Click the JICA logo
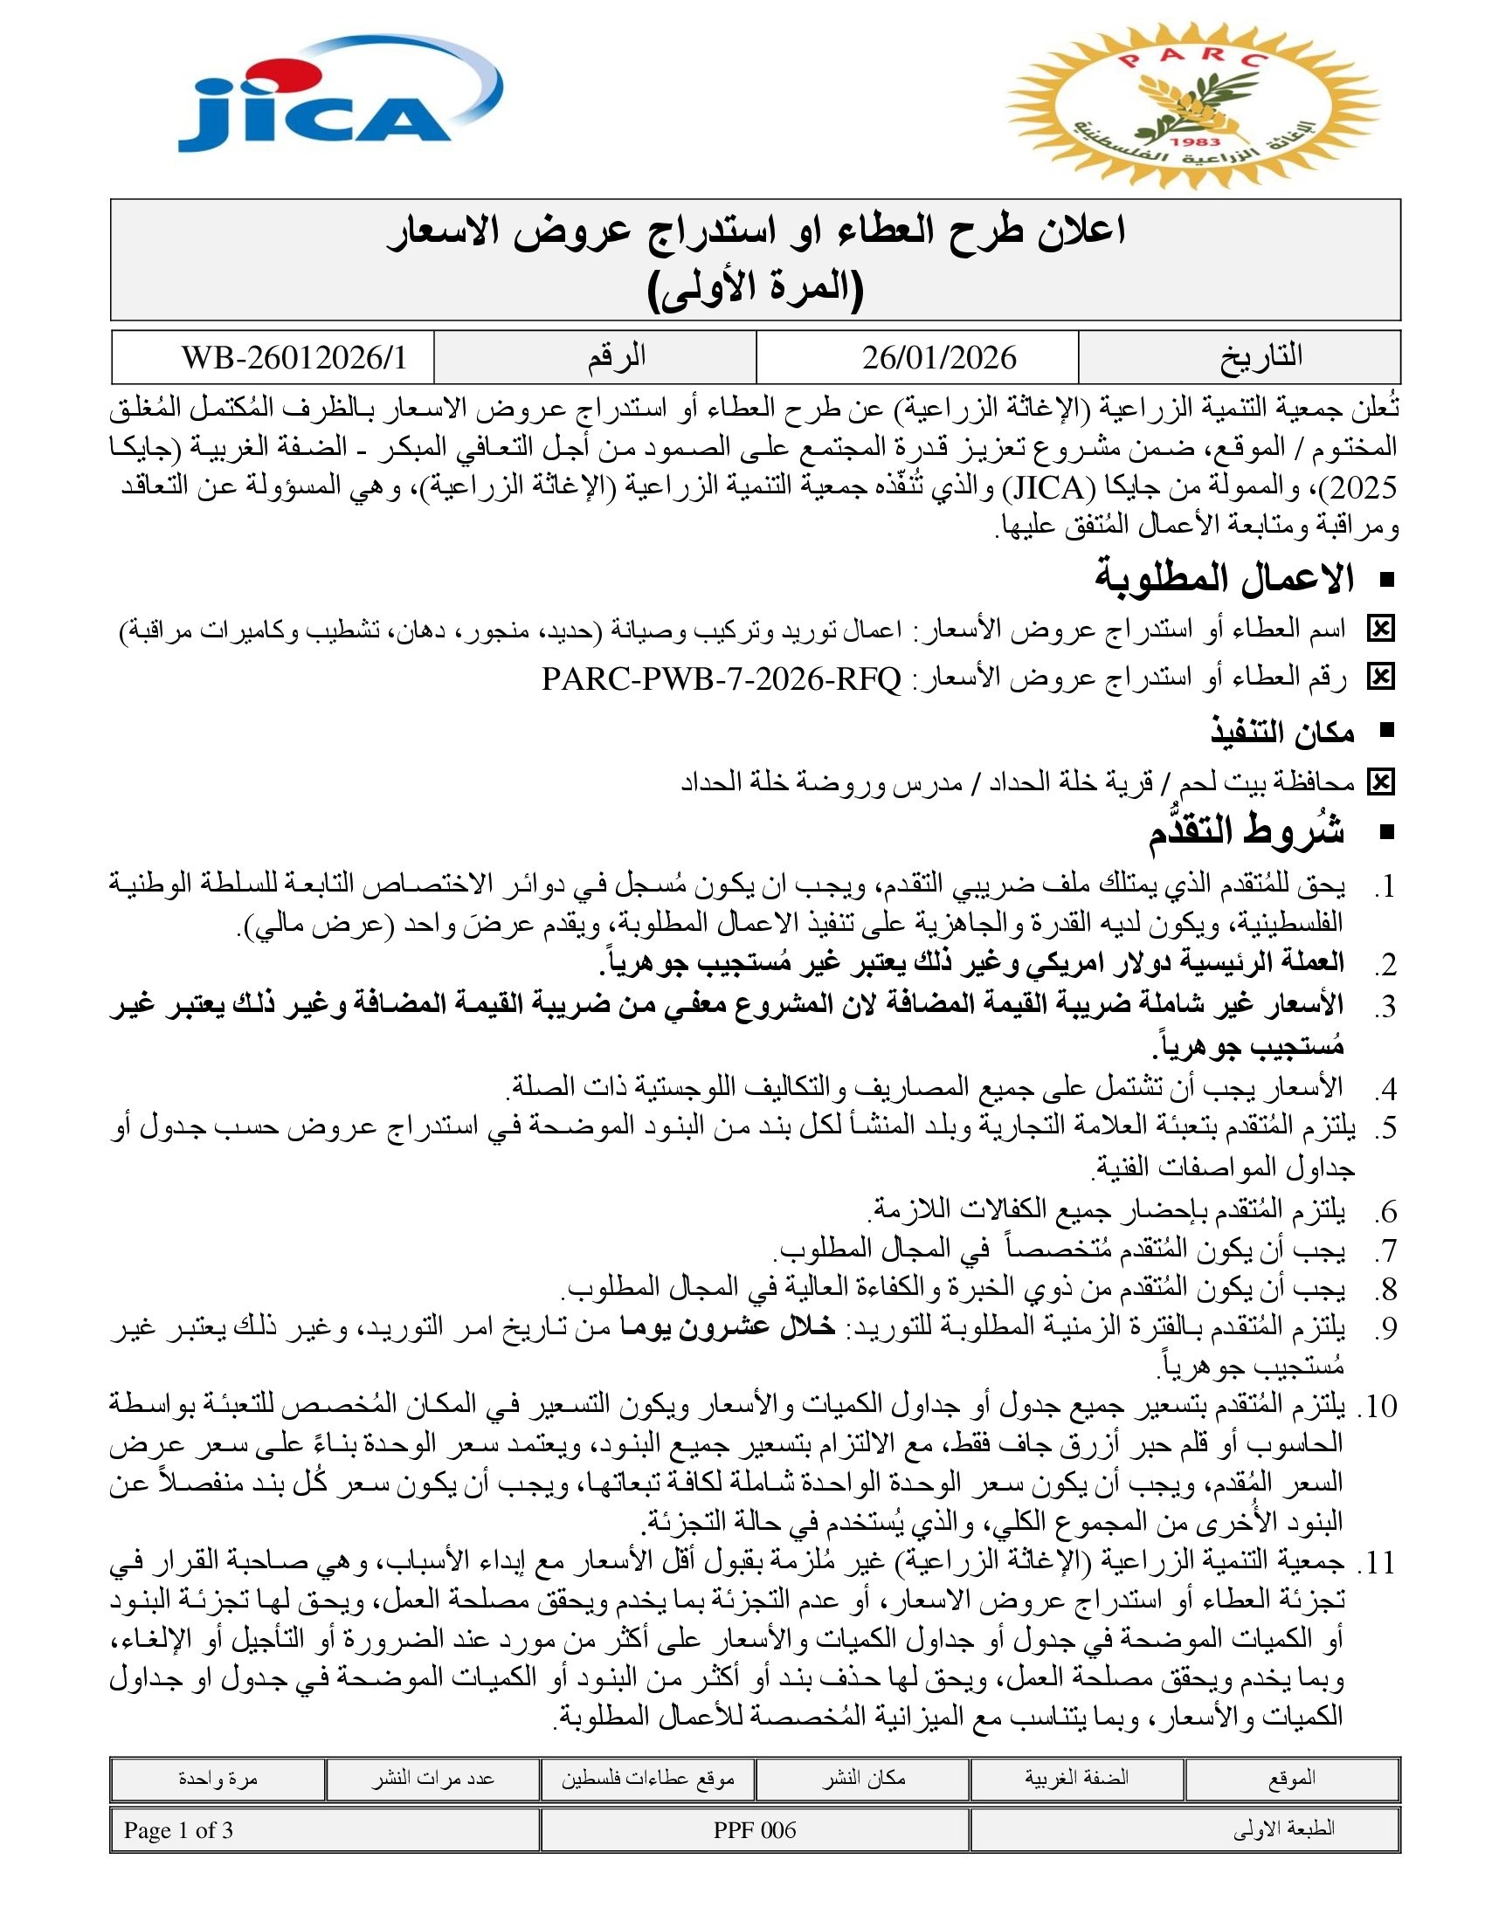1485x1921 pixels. click(339, 99)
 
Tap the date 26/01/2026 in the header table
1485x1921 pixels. click(939, 357)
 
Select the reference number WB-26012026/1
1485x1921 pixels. click(294, 357)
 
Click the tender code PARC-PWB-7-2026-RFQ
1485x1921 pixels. click(722, 679)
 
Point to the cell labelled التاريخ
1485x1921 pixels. click(1260, 357)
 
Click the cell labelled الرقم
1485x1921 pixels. click(617, 357)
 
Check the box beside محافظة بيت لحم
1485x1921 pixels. click(1380, 782)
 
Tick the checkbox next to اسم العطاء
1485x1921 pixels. click(1380, 629)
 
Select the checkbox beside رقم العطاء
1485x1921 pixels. click(1380, 678)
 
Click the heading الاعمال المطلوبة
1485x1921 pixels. click(1223, 579)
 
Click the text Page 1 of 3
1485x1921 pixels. click(178, 1830)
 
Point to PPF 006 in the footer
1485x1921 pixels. click(754, 1830)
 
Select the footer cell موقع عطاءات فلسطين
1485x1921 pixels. click(647, 1780)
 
